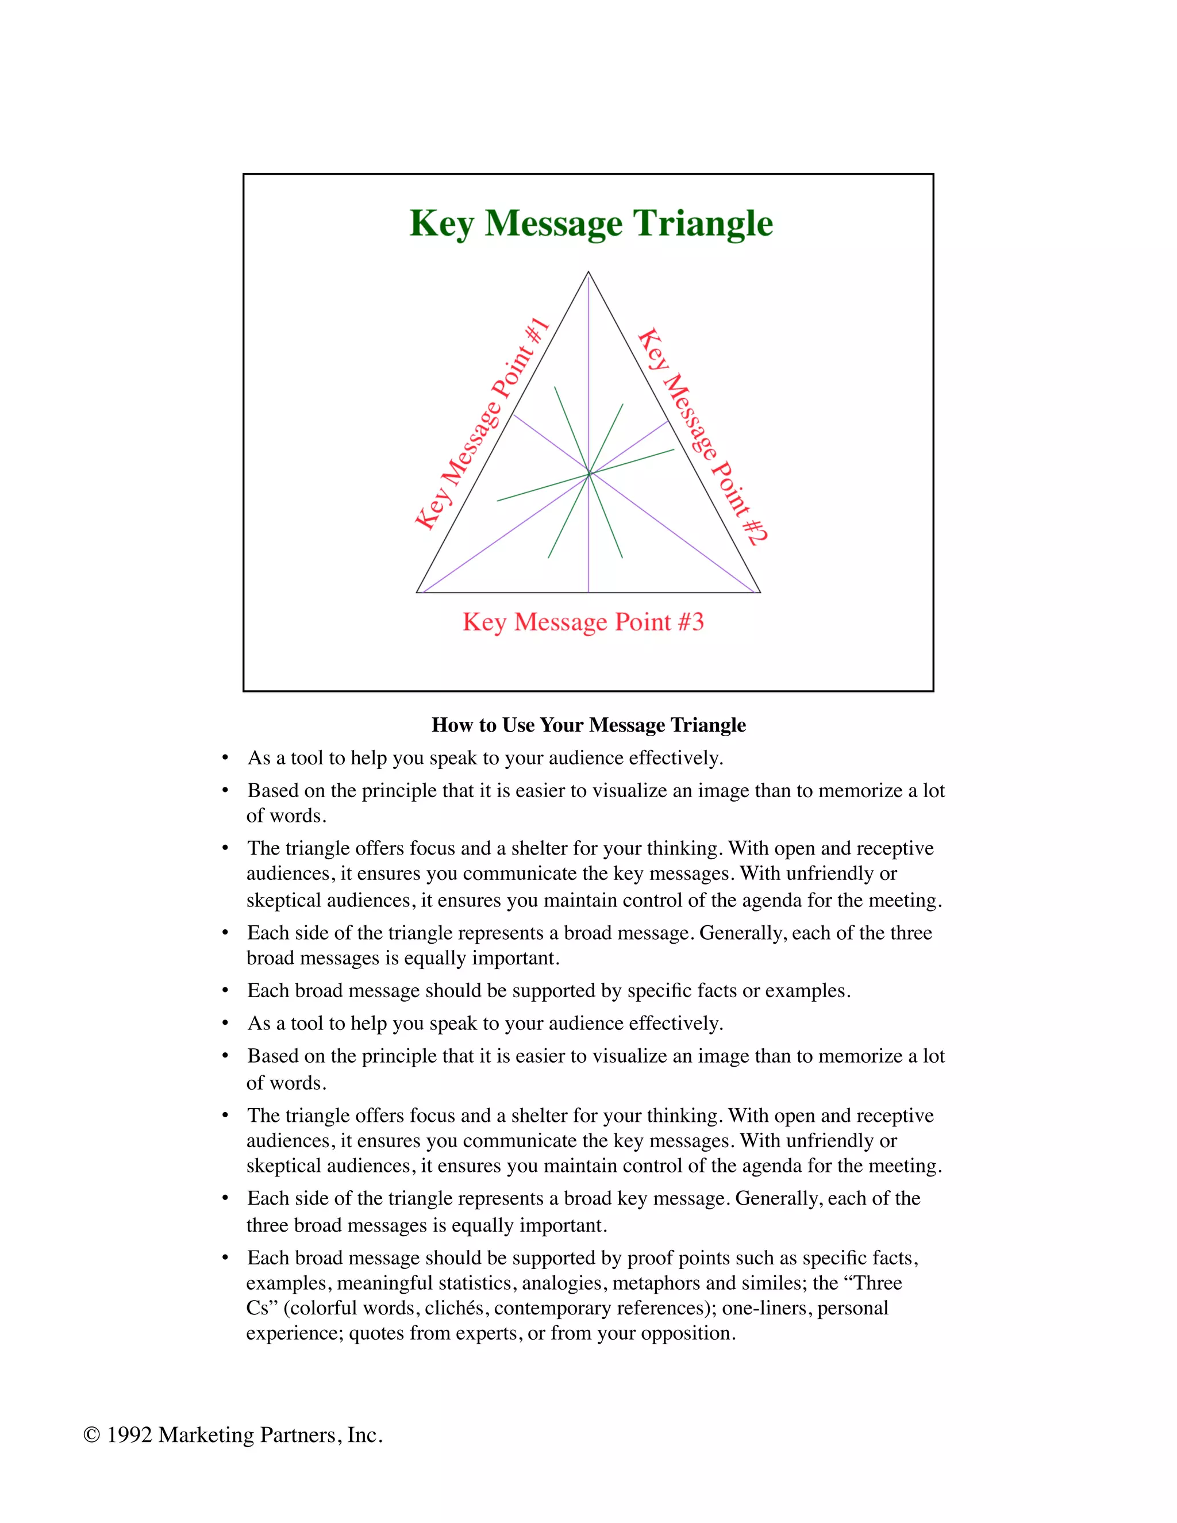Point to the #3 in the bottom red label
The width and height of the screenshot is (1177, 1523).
(690, 621)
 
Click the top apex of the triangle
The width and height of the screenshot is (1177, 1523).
(588, 272)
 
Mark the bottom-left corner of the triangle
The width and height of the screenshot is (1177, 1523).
(417, 592)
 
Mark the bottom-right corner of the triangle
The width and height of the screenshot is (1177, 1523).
(760, 592)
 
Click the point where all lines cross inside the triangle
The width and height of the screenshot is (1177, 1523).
(589, 474)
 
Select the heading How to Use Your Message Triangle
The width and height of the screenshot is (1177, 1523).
(588, 725)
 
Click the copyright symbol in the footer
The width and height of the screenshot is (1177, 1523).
(91, 1435)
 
